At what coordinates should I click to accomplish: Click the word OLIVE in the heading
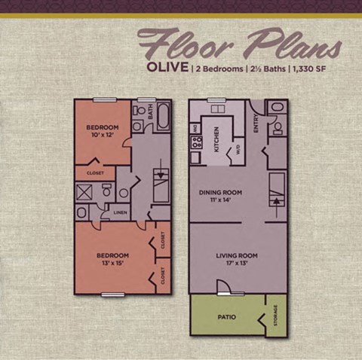click(167, 69)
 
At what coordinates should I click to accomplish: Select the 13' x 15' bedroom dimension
click(112, 264)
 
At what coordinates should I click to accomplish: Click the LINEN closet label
click(120, 213)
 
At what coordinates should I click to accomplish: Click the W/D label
click(238, 150)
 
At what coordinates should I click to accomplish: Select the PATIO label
click(226, 317)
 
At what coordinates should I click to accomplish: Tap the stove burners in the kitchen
click(196, 143)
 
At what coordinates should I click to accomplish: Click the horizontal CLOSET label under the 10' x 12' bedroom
click(95, 172)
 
